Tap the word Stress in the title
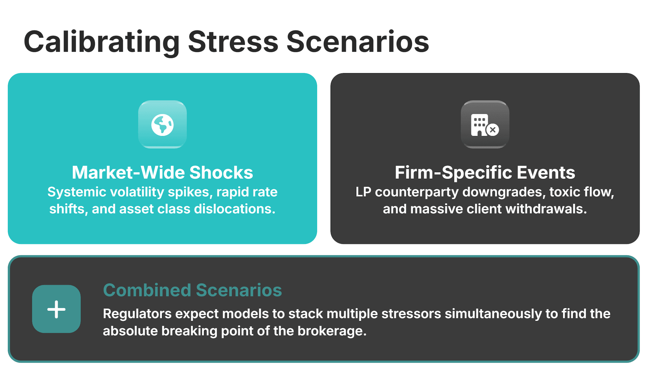233,42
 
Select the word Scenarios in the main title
358,42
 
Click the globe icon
162,125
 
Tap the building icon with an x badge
485,125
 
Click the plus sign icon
56,309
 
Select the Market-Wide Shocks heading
162,173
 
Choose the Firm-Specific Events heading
485,173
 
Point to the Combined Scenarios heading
192,290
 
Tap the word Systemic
77,192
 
